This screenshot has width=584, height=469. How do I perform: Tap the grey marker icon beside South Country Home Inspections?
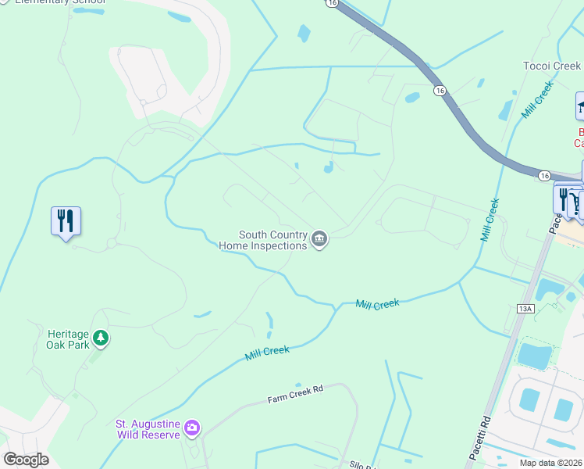[319, 239]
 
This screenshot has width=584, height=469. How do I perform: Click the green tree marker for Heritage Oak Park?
[100, 338]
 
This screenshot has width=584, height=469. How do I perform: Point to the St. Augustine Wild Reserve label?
[148, 428]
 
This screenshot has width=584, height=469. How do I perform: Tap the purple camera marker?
[192, 428]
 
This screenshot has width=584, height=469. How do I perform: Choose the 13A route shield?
[525, 310]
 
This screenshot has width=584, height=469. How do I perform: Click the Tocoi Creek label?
[552, 66]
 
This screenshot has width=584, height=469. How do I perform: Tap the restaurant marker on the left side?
[66, 221]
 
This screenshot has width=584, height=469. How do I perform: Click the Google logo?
[26, 460]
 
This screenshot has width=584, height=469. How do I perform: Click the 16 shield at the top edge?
[333, 3]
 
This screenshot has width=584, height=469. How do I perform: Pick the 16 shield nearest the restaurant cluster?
[543, 177]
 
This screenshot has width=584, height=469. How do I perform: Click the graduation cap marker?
[581, 106]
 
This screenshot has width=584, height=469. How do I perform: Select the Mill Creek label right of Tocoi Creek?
[538, 99]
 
